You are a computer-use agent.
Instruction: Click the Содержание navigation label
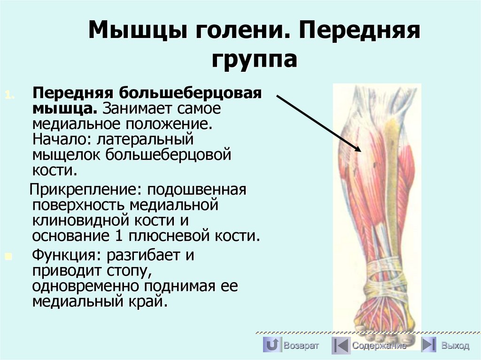[379, 346]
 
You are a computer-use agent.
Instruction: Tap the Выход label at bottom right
[455, 346]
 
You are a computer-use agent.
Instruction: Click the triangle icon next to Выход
[428, 346]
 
